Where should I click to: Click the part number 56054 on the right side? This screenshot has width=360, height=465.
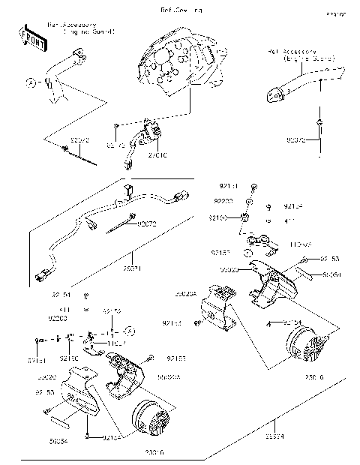point(332,275)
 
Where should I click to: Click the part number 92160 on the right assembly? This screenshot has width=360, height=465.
point(217,217)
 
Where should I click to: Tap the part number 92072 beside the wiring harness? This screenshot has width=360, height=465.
point(148,223)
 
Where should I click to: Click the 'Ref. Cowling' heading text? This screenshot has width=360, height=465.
point(181,10)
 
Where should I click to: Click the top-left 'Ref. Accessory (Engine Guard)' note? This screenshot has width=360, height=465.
point(80,28)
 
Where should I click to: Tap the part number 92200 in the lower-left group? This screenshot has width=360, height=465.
point(58,318)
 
